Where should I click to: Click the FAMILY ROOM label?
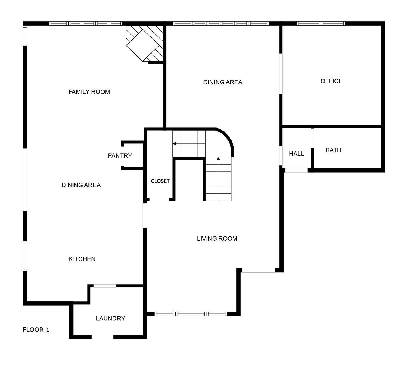tap(89, 92)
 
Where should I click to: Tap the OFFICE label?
tap(331, 81)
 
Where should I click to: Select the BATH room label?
tap(333, 150)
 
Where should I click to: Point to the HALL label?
tap(296, 154)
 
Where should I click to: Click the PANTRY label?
tap(120, 156)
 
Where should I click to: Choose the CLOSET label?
tap(160, 181)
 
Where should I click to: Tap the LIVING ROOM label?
tap(217, 239)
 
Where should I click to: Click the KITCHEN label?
tap(82, 259)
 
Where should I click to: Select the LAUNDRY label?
tap(110, 318)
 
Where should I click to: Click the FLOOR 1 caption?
tap(36, 330)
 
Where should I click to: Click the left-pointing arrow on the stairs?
tap(174, 144)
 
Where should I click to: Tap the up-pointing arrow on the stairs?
tap(218, 159)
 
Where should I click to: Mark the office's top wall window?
tap(321, 24)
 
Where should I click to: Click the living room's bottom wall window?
tap(191, 314)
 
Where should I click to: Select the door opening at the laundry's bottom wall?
tap(103, 337)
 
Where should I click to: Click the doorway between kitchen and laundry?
tap(105, 286)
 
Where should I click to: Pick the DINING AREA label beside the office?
tap(223, 82)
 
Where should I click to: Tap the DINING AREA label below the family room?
tap(81, 185)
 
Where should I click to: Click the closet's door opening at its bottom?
tap(159, 199)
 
